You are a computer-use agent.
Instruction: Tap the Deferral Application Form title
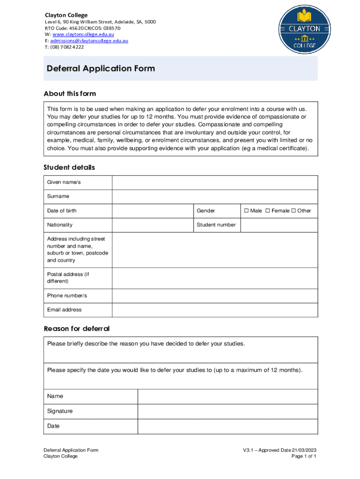[x=101, y=69]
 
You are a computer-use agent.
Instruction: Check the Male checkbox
[x=246, y=211]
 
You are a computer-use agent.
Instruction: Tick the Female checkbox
[x=268, y=211]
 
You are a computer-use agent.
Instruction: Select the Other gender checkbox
[x=294, y=211]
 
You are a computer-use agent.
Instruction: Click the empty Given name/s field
[x=215, y=182]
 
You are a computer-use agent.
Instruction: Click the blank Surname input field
[x=215, y=196]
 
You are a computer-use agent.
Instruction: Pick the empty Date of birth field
[x=152, y=211]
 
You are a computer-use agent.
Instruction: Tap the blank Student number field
[x=279, y=225]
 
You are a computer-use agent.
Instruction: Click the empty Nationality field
[x=152, y=225]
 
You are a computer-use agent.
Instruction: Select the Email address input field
[x=215, y=310]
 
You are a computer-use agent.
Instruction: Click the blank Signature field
[x=227, y=411]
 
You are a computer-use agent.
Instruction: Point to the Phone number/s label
[x=67, y=296]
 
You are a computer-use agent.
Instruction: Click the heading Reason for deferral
[x=77, y=328]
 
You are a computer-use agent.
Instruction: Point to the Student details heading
[x=69, y=167]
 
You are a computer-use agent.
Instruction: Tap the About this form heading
[x=70, y=94]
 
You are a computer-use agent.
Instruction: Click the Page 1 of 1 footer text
[x=303, y=457]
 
